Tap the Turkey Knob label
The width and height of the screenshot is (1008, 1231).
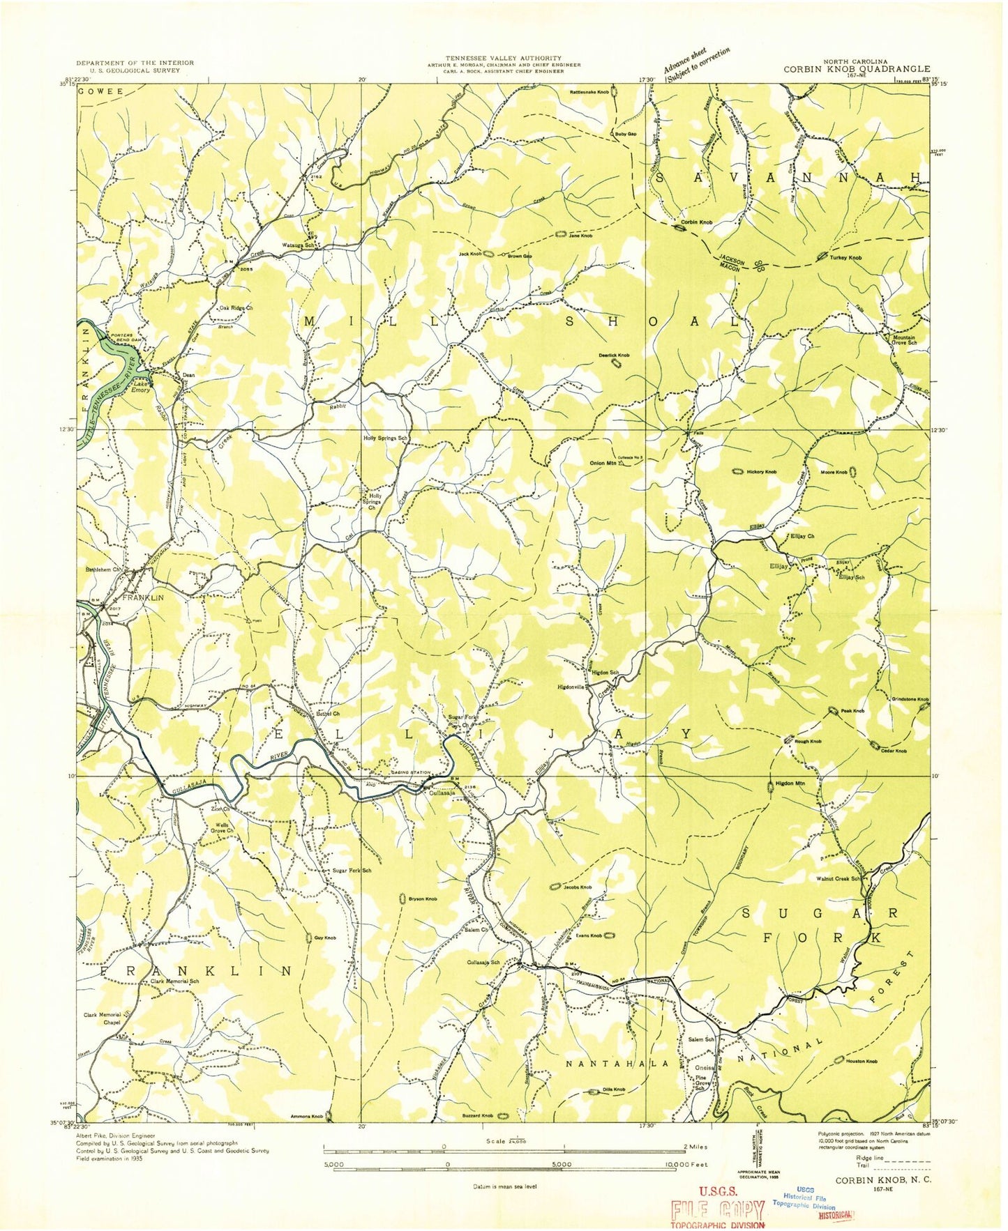pyautogui.click(x=845, y=257)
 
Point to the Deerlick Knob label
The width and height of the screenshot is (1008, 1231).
pyautogui.click(x=613, y=355)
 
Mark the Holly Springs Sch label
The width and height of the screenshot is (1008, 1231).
pyautogui.click(x=384, y=438)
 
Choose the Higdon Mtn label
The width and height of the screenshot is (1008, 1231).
pyautogui.click(x=790, y=783)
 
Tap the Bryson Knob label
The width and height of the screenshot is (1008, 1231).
pyautogui.click(x=423, y=899)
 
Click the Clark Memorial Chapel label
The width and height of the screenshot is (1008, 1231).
pyautogui.click(x=103, y=1018)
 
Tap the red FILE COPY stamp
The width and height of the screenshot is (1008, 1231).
pyautogui.click(x=717, y=1209)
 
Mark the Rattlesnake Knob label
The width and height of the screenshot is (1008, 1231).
pyautogui.click(x=589, y=92)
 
